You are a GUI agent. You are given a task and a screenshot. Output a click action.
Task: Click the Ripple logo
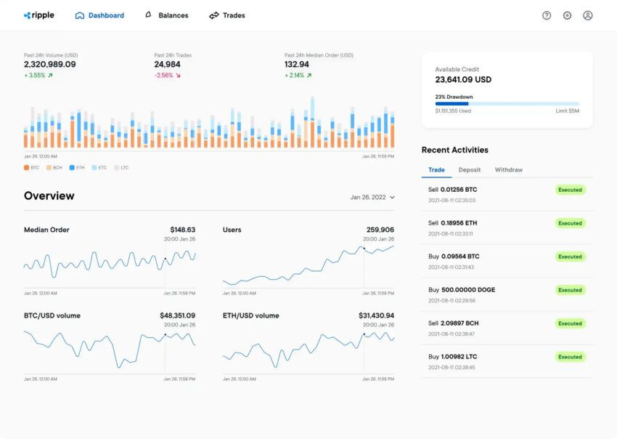(39, 15)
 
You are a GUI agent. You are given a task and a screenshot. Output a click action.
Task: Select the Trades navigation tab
(227, 15)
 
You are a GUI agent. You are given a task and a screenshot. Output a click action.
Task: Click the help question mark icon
(547, 15)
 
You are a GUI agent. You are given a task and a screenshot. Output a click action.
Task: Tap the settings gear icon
(567, 15)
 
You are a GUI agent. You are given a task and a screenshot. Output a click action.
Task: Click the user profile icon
(588, 15)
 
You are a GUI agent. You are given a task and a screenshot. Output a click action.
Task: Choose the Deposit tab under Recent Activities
(470, 170)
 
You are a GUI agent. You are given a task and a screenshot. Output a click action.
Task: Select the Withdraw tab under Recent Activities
(509, 170)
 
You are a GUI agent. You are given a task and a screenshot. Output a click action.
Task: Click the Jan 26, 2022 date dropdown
(372, 197)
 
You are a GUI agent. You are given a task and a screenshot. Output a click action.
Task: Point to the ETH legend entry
(77, 168)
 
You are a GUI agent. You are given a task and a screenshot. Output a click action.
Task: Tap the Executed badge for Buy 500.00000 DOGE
(570, 290)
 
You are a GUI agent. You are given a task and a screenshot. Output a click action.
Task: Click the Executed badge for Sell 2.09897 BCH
(570, 323)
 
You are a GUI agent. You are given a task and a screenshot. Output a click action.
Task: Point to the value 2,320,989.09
(50, 65)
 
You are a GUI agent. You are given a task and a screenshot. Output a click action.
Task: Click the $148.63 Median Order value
(182, 230)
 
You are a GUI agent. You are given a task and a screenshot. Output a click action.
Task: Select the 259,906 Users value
(380, 230)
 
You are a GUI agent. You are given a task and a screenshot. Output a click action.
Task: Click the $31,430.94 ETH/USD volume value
(376, 315)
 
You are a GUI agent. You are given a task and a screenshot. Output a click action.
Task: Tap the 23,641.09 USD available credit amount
(463, 80)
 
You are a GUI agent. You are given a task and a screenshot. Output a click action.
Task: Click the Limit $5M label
(568, 111)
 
